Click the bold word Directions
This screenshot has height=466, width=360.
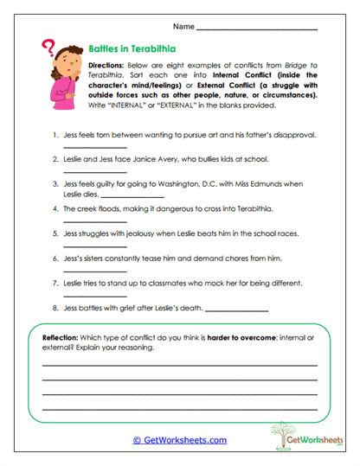(x=107, y=65)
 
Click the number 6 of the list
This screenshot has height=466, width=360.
(x=55, y=259)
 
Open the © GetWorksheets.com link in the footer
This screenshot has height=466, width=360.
(x=179, y=440)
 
